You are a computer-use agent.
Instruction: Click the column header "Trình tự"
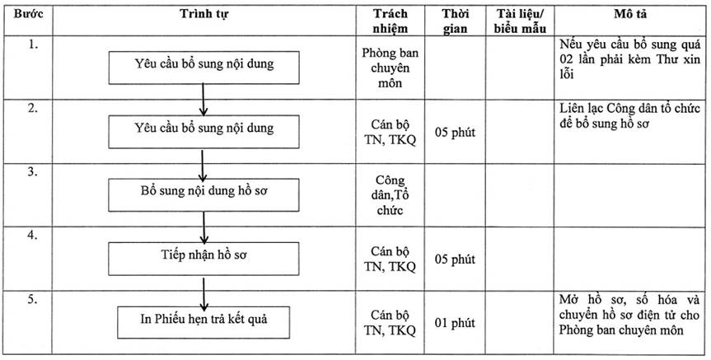click(x=204, y=14)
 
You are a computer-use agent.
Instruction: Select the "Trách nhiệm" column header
click(x=390, y=21)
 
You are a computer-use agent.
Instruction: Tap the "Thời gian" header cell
click(x=455, y=21)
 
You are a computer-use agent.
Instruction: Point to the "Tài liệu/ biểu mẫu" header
click(x=520, y=21)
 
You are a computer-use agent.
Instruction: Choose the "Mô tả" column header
click(x=631, y=14)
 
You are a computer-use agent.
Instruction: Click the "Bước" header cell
click(x=28, y=14)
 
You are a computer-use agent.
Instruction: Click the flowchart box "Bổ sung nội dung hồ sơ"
click(x=203, y=195)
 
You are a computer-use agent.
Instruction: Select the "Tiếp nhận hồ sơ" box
click(x=203, y=259)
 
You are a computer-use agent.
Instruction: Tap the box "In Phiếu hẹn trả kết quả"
click(x=203, y=322)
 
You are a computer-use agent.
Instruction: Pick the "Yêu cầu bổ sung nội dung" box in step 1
click(x=203, y=68)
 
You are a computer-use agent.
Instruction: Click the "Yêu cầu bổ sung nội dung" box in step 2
click(x=203, y=132)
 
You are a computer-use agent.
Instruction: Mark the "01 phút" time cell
click(x=455, y=323)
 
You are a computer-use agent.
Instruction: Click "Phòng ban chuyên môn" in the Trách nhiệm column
click(x=390, y=68)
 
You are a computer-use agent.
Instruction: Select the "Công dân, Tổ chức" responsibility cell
click(x=390, y=195)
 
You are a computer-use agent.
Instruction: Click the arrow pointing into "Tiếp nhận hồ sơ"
click(x=204, y=227)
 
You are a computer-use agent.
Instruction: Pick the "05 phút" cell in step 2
click(x=455, y=133)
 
